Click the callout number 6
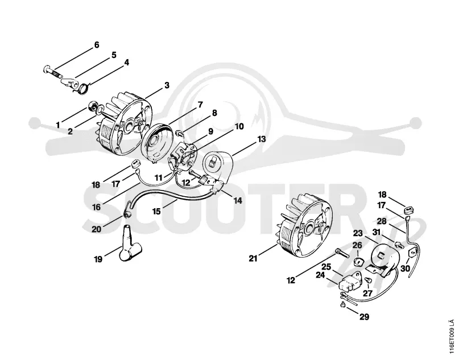tap(97, 45)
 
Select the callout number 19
tap(98, 259)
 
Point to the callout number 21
tap(253, 258)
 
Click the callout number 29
tap(364, 317)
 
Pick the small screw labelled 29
tap(343, 305)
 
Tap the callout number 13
tap(261, 139)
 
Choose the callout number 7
tap(200, 105)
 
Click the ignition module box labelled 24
tap(350, 281)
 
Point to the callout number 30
tap(405, 268)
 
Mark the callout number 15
tap(156, 211)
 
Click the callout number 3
tap(167, 85)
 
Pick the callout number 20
tap(96, 229)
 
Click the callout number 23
tap(358, 233)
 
